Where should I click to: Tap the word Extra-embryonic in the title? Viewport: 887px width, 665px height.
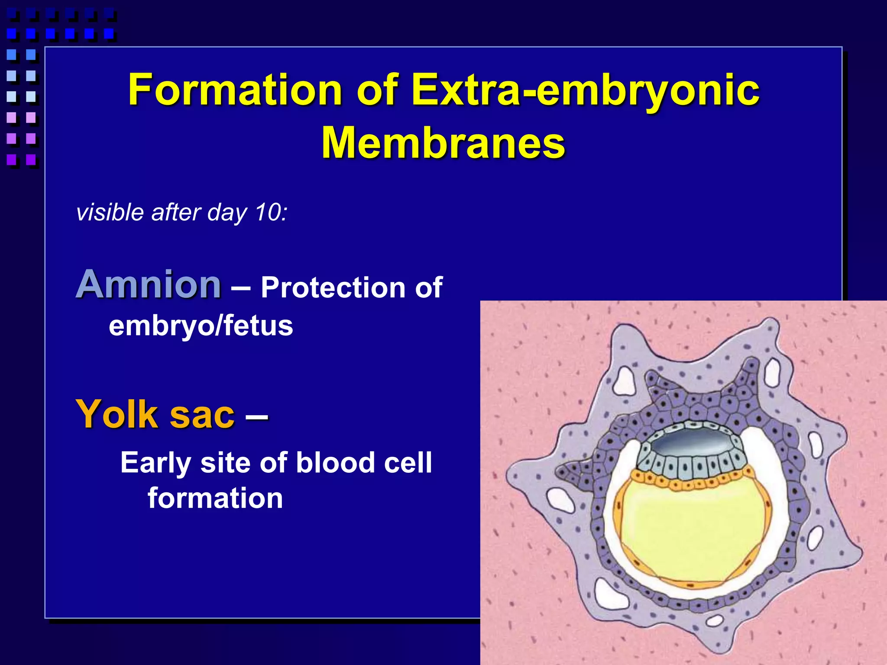click(x=585, y=90)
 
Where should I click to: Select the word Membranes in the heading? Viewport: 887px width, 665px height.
click(x=443, y=143)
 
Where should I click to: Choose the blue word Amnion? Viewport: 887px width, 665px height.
click(x=149, y=284)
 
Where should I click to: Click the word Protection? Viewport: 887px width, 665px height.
click(x=333, y=287)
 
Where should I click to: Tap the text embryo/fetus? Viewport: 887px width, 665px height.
click(x=201, y=326)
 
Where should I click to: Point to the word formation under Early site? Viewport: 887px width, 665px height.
click(x=215, y=498)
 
